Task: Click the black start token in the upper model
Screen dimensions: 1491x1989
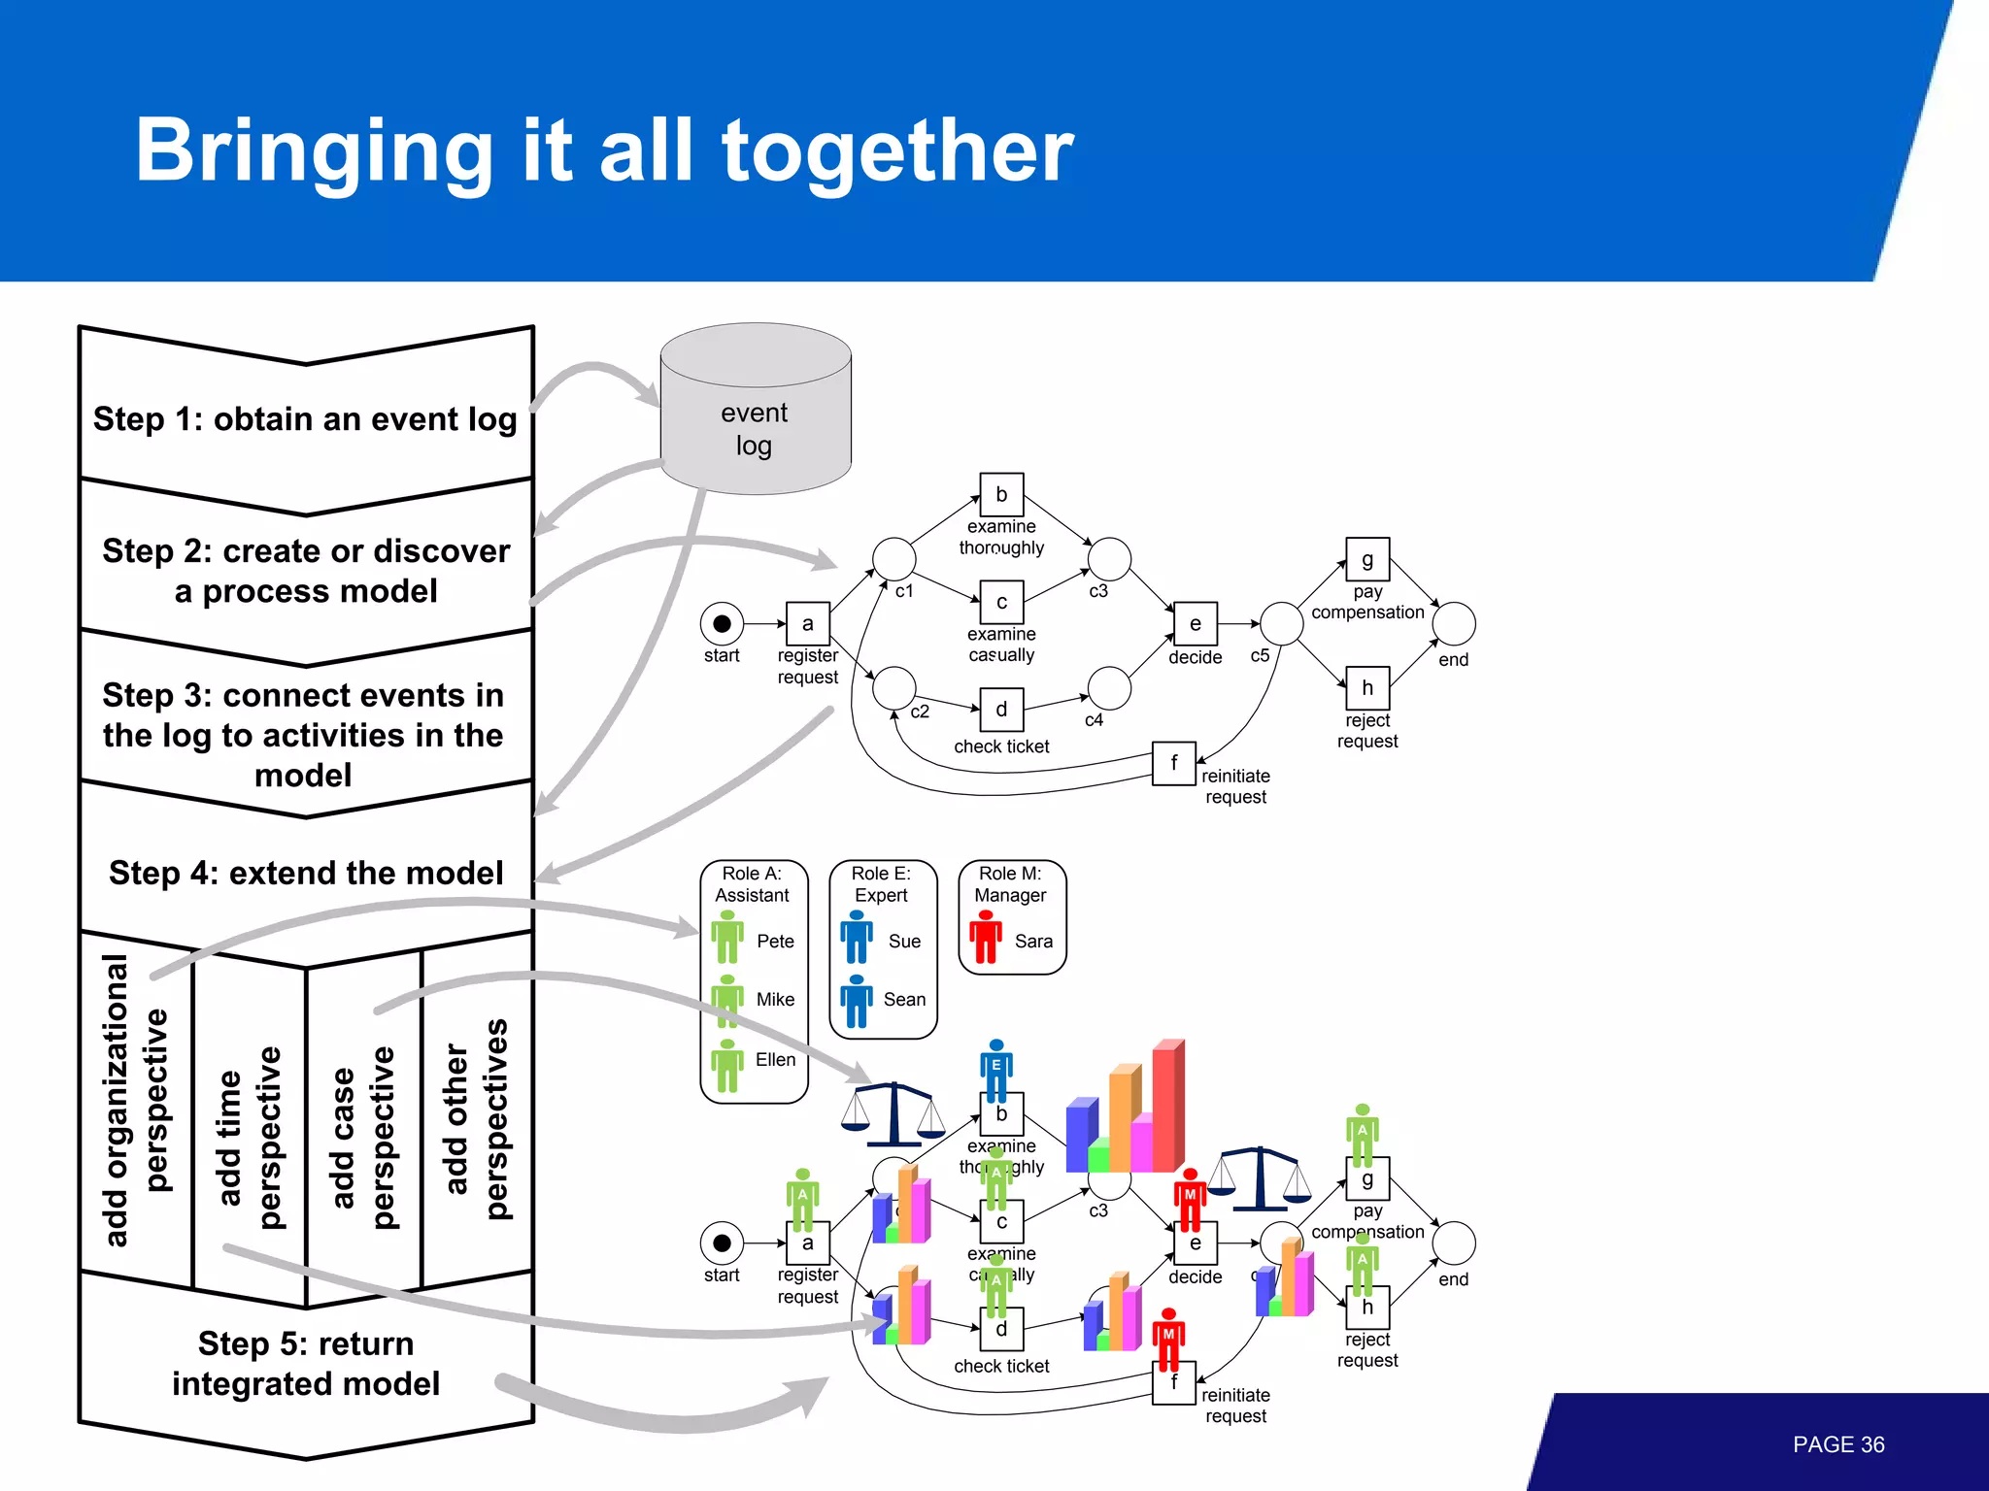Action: pyautogui.click(x=722, y=623)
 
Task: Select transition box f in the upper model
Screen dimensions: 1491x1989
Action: pyautogui.click(x=1173, y=763)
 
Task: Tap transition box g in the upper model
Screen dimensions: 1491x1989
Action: pyautogui.click(x=1366, y=559)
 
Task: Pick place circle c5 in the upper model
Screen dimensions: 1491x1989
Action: pyautogui.click(x=1281, y=623)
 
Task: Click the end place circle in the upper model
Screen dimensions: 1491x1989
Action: pyautogui.click(x=1453, y=623)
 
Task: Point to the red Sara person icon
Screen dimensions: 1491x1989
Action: pyautogui.click(x=986, y=937)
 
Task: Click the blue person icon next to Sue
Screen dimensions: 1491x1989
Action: pyautogui.click(x=856, y=937)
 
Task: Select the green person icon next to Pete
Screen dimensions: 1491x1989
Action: pyautogui.click(x=726, y=937)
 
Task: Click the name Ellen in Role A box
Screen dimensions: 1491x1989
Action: pyautogui.click(x=775, y=1059)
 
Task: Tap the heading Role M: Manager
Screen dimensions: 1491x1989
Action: pyautogui.click(x=1010, y=884)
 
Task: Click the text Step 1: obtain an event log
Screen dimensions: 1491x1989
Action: pyautogui.click(x=305, y=419)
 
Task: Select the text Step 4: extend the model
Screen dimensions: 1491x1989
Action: pyautogui.click(x=306, y=873)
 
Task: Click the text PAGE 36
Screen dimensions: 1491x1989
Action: pyautogui.click(x=1837, y=1444)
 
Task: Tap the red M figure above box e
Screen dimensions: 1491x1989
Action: pyautogui.click(x=1190, y=1200)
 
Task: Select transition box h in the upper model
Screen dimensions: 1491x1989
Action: pyautogui.click(x=1366, y=688)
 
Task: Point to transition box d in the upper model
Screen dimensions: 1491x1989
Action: pyautogui.click(x=1001, y=710)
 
